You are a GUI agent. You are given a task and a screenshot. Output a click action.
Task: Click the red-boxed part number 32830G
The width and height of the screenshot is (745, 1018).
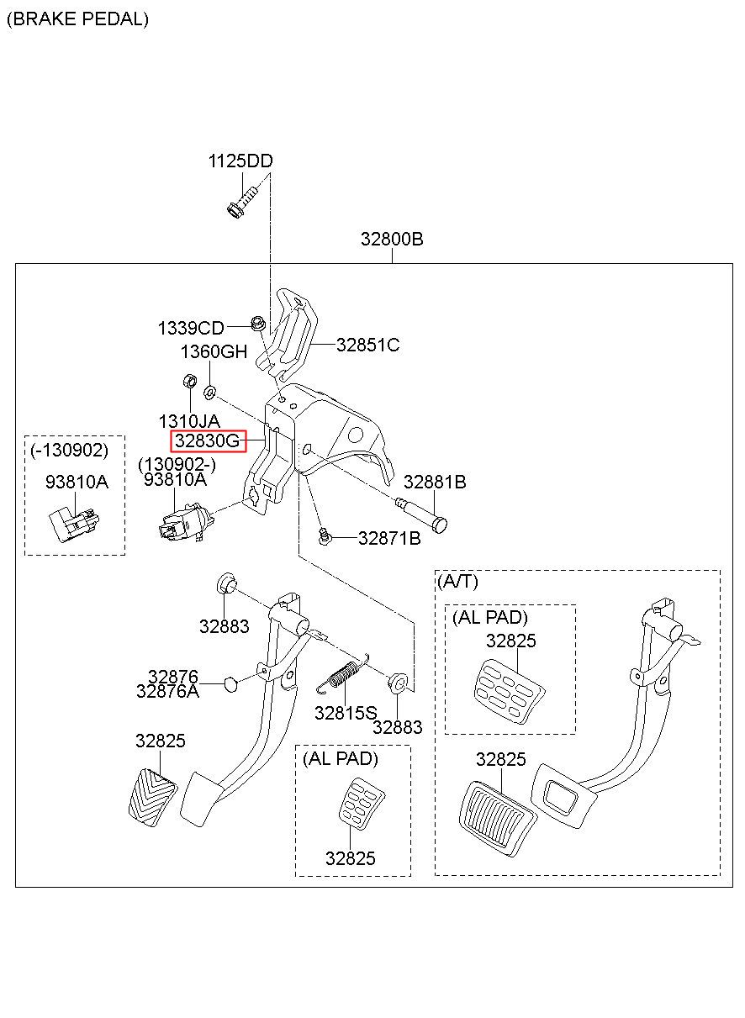(208, 440)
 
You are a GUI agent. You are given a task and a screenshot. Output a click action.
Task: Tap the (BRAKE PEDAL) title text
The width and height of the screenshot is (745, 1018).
(77, 19)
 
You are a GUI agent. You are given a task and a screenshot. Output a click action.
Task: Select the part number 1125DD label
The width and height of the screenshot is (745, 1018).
(240, 161)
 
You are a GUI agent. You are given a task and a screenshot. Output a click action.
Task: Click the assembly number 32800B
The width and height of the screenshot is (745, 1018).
(392, 239)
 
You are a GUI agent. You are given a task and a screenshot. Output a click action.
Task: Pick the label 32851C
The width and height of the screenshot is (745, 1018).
(367, 345)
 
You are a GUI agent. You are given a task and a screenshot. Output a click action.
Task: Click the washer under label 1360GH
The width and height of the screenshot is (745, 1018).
(209, 392)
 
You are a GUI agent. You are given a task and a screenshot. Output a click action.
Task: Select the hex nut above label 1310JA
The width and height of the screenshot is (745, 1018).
(189, 380)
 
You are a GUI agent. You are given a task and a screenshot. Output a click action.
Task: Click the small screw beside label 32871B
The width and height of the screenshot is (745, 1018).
(325, 535)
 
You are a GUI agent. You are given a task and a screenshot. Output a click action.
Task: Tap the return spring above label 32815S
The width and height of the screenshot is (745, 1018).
(344, 674)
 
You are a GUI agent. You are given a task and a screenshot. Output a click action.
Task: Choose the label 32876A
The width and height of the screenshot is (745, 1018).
(167, 691)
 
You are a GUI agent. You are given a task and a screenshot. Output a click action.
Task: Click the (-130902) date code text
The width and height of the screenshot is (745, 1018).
(70, 450)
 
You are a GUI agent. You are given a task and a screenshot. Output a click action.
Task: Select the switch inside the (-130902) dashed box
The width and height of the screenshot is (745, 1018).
(75, 525)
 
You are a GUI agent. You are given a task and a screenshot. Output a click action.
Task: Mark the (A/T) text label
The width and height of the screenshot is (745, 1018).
(457, 581)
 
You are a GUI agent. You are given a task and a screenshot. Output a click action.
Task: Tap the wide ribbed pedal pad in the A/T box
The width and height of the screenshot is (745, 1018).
(498, 818)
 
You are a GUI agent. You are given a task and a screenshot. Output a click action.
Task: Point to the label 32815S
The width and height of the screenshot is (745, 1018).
(346, 713)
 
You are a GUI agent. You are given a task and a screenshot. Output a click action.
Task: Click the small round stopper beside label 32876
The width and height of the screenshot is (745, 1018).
(231, 685)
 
